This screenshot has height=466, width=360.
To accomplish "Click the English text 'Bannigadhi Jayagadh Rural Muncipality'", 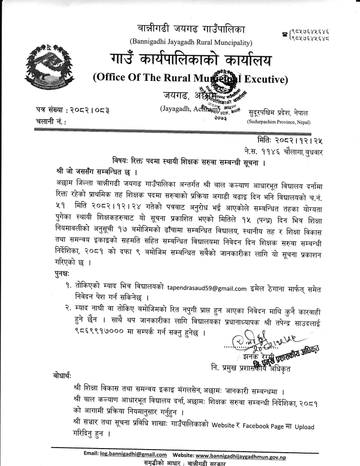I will [192, 41].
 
